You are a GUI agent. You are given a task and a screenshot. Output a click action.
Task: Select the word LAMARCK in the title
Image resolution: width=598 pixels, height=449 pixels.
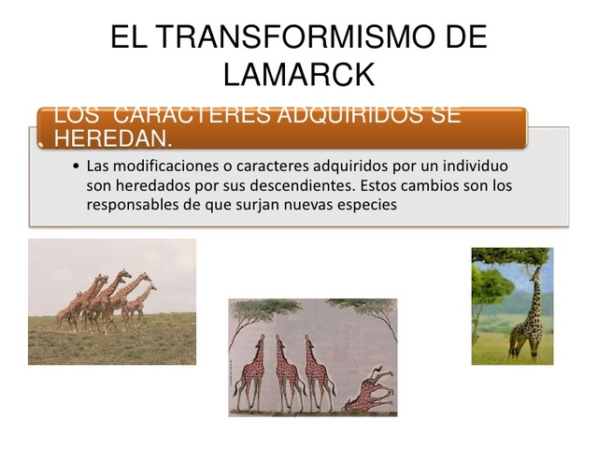click(x=299, y=73)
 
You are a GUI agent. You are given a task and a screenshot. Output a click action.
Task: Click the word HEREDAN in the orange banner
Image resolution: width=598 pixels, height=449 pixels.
click(x=112, y=138)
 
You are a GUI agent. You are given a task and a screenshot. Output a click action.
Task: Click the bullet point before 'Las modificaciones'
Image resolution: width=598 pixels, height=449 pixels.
click(x=75, y=167)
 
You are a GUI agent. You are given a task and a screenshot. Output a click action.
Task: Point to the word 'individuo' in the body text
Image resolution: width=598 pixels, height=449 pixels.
click(x=477, y=166)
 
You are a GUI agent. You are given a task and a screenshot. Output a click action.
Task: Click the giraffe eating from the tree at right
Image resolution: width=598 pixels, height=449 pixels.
click(x=525, y=313)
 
